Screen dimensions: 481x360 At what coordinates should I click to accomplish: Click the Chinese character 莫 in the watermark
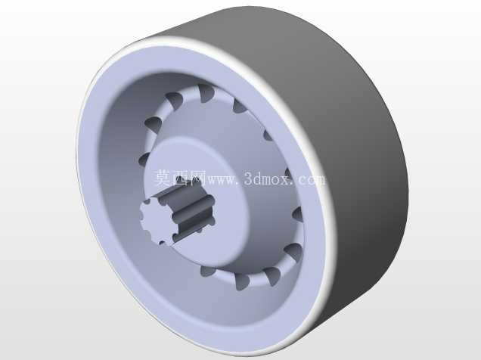click(x=163, y=178)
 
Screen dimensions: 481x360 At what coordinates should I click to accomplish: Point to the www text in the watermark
click(x=222, y=180)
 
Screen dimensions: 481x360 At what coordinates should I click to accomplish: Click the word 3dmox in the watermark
click(x=268, y=178)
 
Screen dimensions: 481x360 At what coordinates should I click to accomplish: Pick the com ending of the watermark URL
click(x=311, y=180)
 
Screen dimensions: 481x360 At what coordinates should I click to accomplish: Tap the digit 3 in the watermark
click(x=249, y=178)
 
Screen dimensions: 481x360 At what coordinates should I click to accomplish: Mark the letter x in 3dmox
click(x=286, y=180)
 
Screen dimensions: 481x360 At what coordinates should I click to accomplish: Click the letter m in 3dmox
click(x=267, y=180)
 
